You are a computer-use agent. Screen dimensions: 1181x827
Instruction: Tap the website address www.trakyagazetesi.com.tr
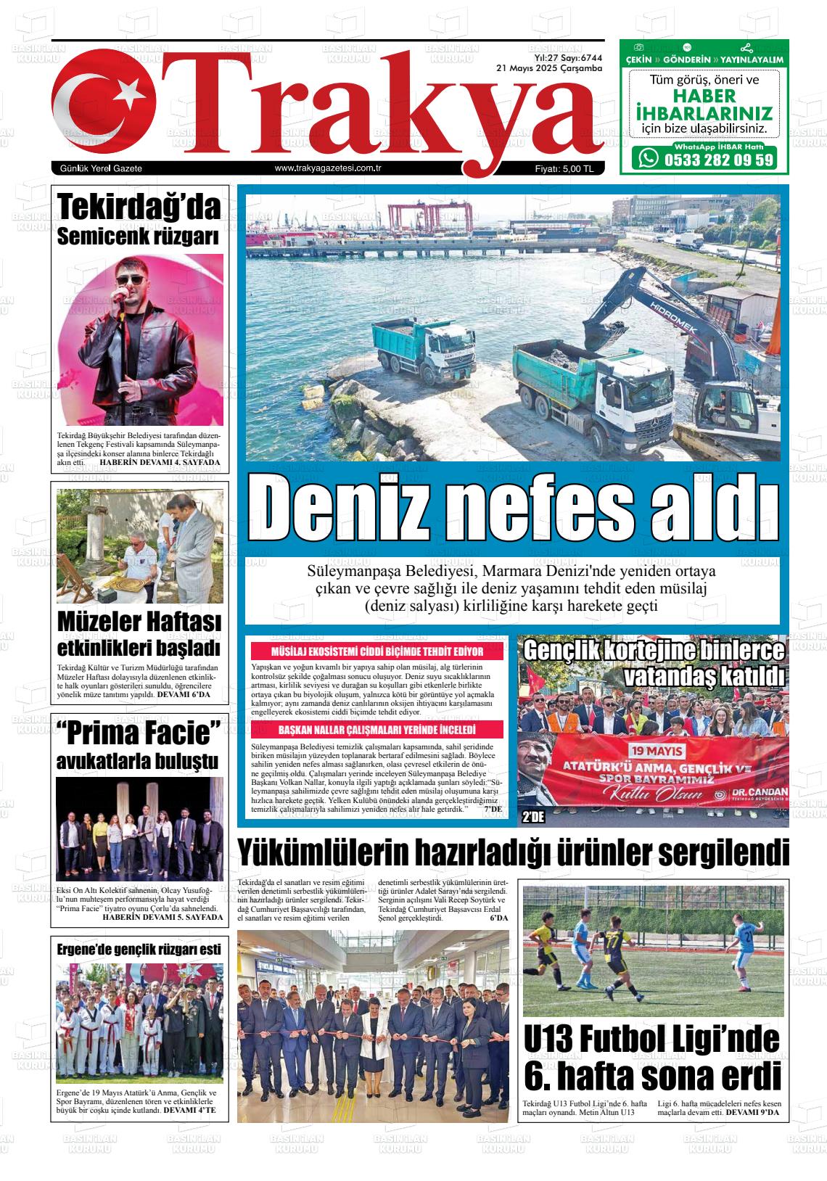tap(329, 168)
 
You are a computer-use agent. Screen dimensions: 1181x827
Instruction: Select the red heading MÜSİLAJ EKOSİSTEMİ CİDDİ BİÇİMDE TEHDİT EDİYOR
tap(377, 651)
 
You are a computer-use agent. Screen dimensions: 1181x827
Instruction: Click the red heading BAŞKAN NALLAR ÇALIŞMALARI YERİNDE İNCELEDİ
tap(377, 729)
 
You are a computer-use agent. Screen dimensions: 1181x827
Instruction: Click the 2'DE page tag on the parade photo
tap(533, 818)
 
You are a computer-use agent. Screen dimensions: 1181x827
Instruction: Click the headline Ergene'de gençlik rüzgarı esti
tap(139, 948)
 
